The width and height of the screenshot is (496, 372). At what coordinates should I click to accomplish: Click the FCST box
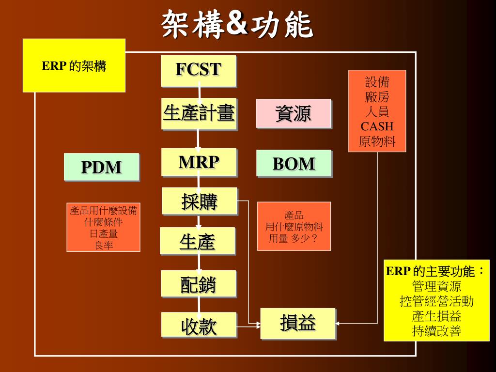199,71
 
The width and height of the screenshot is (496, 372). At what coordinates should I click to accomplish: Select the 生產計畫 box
199,114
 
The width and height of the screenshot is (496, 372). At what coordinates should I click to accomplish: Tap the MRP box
199,162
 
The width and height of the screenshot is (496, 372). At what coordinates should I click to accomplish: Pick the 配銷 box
199,284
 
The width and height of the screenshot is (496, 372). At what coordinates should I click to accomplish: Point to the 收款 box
199,325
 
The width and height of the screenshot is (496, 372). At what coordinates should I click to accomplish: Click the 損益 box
298,323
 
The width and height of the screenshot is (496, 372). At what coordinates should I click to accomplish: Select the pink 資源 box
293,113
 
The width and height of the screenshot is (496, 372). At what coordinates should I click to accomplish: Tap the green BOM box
294,164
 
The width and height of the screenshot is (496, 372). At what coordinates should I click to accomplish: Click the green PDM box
102,167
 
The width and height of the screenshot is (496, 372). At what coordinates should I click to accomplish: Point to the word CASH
377,127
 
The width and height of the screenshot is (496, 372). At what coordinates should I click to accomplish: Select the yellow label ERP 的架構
74,66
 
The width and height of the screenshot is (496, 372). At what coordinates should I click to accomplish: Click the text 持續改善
436,332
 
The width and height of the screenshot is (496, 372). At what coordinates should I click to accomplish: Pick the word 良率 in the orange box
104,245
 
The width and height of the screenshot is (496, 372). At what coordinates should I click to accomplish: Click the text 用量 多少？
294,239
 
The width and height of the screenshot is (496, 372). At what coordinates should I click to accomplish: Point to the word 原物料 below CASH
377,142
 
